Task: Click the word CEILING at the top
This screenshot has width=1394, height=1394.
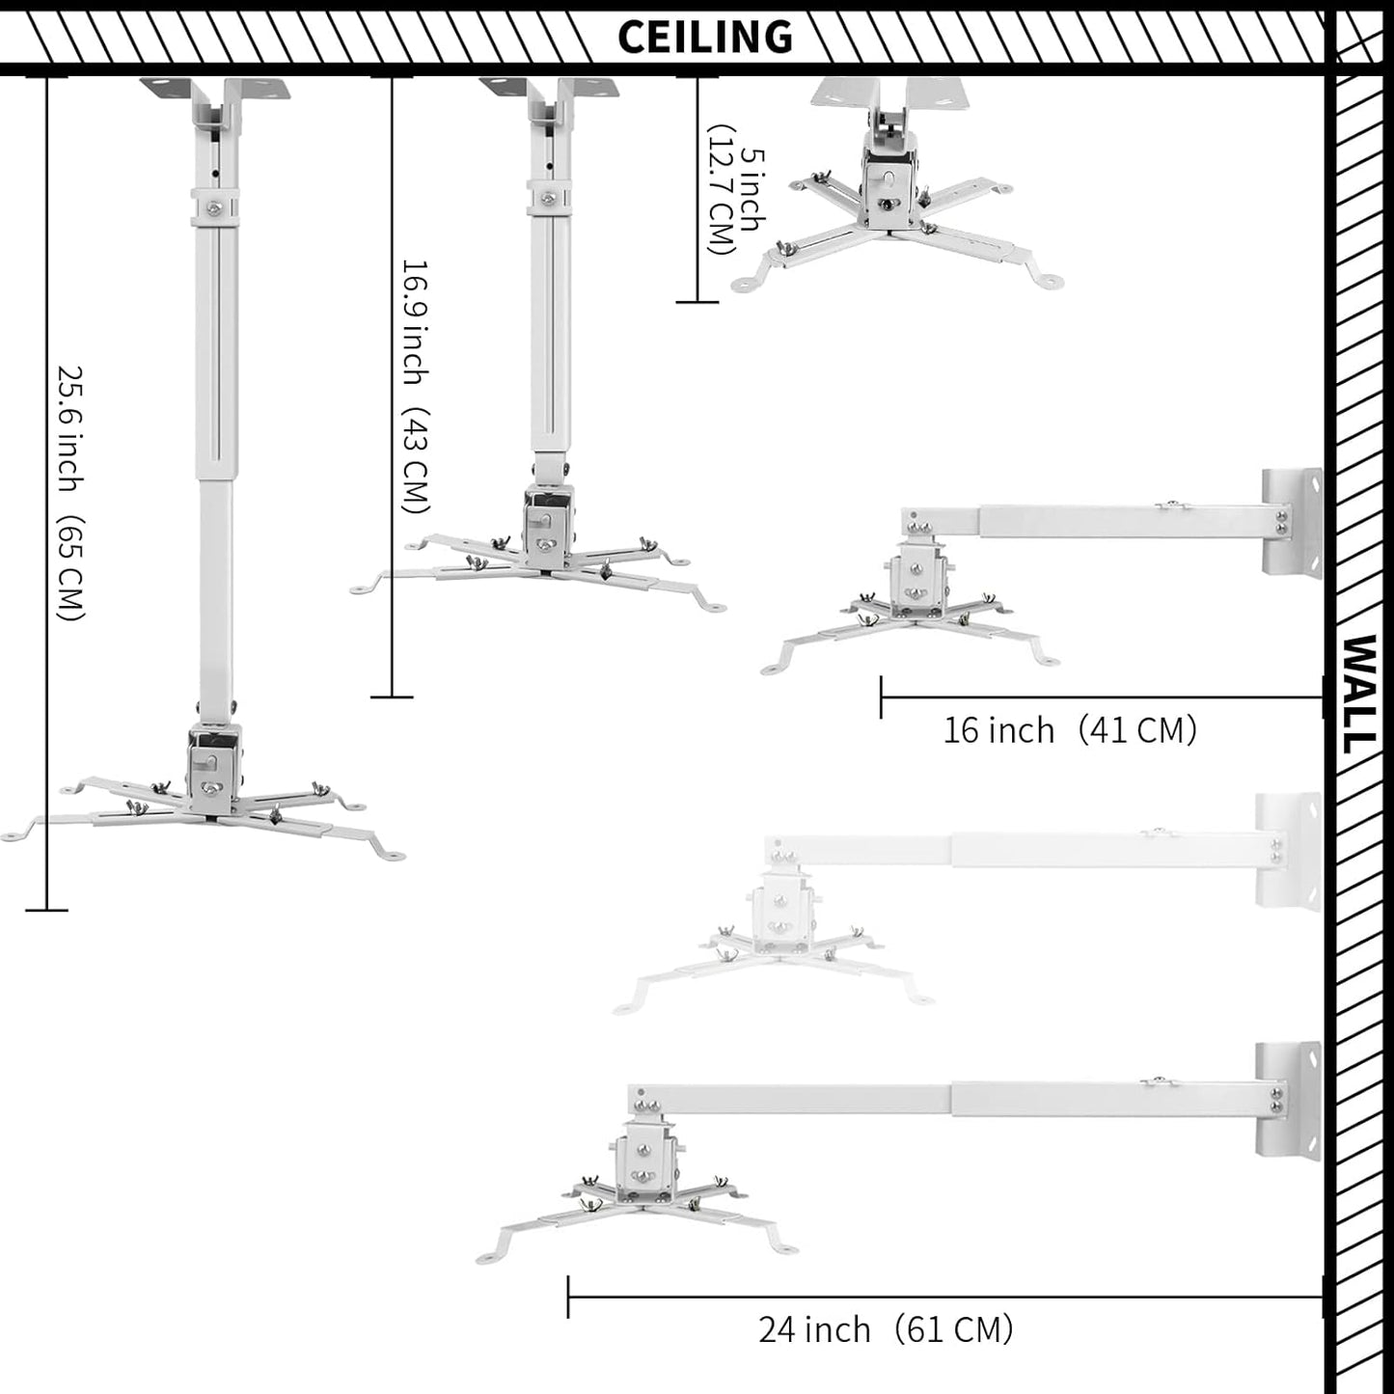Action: pos(704,37)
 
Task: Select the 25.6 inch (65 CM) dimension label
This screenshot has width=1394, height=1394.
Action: pos(70,492)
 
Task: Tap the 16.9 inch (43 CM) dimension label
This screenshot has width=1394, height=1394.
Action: pos(415,386)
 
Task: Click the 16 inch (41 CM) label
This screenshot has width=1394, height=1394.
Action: pos(1069,730)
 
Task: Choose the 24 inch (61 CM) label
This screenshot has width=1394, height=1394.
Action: pos(885,1329)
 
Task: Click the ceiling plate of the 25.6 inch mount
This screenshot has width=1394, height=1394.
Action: pos(215,92)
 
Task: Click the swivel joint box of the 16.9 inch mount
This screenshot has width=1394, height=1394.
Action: pos(548,526)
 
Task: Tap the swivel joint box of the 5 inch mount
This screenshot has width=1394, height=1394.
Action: pos(888,183)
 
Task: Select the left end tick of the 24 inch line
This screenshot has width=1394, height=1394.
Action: pos(568,1297)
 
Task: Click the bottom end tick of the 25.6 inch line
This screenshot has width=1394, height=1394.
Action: pos(46,909)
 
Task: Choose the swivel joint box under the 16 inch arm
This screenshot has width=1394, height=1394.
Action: pos(917,580)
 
